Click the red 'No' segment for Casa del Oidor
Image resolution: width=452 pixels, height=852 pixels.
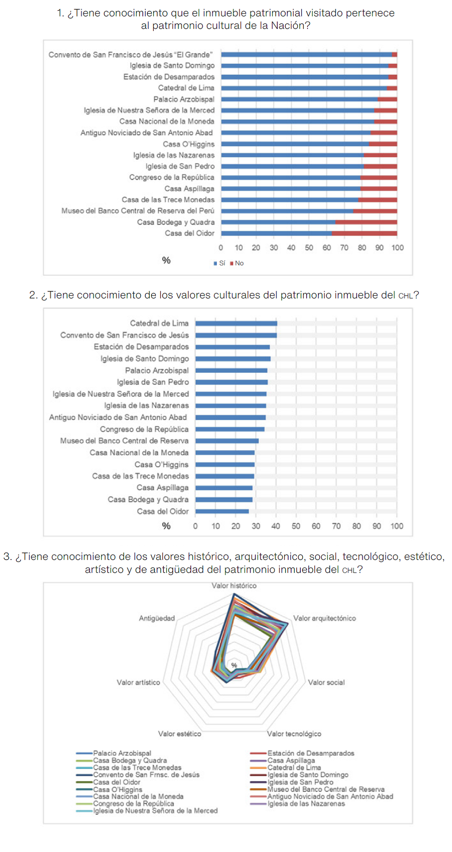(364, 233)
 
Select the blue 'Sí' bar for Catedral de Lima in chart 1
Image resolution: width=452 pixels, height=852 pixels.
(304, 88)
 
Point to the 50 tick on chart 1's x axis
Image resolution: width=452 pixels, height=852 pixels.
(309, 248)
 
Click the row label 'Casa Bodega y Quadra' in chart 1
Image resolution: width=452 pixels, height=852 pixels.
(176, 222)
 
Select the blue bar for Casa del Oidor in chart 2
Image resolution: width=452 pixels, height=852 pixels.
(222, 511)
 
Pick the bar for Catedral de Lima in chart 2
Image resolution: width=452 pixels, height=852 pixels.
(236, 323)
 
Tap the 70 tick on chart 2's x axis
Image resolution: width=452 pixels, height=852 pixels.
(336, 526)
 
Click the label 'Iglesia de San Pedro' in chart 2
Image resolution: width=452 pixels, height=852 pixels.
(153, 382)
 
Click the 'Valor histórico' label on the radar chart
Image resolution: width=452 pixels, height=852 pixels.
(234, 586)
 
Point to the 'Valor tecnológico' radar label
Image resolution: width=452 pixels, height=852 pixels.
(294, 734)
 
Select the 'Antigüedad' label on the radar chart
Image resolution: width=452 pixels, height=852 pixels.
(157, 618)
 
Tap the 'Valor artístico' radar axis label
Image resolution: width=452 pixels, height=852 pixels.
(138, 682)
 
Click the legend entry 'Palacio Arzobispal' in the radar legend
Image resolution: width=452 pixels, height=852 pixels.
(122, 753)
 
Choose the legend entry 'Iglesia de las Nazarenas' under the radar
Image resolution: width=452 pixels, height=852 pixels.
(306, 803)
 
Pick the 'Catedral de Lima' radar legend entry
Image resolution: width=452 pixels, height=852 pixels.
(294, 767)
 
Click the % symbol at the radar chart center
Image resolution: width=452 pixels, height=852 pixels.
(234, 665)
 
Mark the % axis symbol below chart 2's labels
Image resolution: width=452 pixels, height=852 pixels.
(166, 526)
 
